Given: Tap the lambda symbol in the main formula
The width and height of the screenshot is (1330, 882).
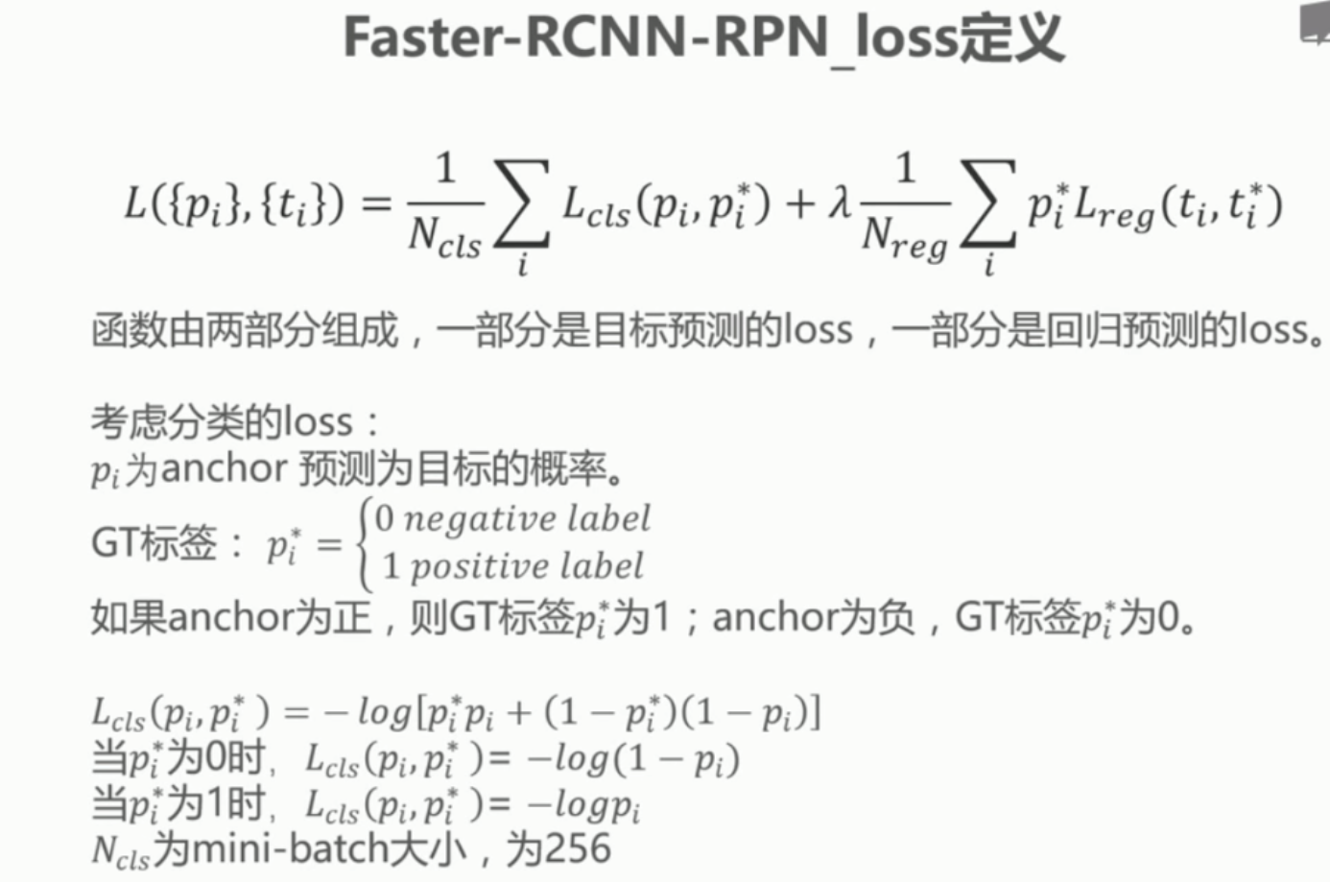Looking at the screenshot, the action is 840,204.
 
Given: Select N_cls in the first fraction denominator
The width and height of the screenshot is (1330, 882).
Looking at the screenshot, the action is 444,237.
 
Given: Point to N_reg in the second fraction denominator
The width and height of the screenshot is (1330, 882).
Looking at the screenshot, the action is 904,237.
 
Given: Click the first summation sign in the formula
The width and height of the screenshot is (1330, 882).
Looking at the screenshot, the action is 522,204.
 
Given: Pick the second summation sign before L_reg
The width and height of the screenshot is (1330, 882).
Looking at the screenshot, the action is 988,204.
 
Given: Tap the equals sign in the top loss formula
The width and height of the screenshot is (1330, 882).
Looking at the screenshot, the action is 376,204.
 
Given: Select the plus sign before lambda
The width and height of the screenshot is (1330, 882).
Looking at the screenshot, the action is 799,204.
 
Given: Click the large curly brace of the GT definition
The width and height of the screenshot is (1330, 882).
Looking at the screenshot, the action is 363,543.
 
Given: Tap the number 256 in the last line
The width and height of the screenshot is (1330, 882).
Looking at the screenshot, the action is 573,848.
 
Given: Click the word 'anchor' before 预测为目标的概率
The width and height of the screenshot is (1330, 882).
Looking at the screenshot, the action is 225,469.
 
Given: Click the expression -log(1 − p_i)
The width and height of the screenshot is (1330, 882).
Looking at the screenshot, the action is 633,760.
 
